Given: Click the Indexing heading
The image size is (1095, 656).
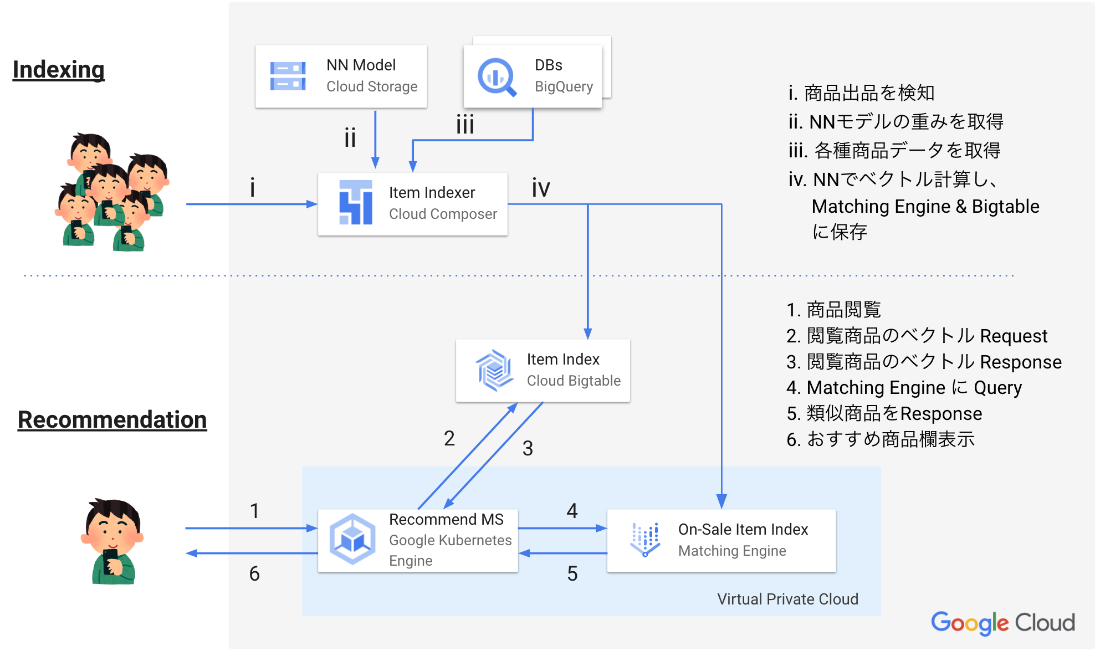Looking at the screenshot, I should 58,70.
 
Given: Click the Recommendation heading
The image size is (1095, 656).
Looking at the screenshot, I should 112,419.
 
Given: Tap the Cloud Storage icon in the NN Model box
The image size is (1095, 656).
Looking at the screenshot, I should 288,76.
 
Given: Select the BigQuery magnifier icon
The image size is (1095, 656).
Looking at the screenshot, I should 497,77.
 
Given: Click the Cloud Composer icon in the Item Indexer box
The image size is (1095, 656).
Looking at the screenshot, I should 355,203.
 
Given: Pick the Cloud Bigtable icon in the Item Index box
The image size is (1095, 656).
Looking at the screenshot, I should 493,370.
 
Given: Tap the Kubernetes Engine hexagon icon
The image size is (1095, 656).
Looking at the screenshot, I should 352,539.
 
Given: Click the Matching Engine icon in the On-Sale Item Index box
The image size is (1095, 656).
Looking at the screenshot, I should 645,539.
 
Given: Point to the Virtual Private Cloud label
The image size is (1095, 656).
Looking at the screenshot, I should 787,599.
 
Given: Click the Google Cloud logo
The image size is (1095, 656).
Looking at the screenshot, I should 1002,623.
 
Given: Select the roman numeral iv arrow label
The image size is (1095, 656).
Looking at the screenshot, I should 541,188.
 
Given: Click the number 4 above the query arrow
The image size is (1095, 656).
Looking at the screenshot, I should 572,511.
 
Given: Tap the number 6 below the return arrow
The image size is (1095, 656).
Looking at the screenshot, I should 254,573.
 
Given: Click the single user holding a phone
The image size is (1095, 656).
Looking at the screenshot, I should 112,542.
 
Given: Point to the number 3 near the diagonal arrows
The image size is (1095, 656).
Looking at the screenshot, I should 528,448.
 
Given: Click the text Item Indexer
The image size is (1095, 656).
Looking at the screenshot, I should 432,192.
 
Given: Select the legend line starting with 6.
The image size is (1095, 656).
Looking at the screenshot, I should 880,439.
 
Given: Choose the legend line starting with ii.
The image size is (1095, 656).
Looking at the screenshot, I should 896,122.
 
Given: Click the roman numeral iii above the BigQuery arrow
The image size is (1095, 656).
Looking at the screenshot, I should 465,125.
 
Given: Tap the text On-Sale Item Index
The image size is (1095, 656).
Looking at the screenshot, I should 743,529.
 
